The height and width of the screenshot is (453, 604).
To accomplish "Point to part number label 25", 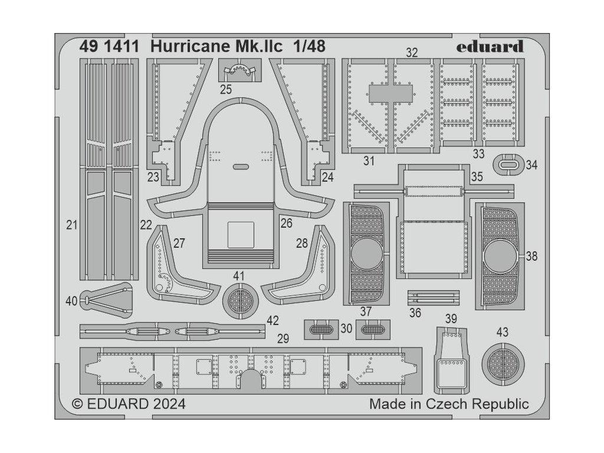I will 226,90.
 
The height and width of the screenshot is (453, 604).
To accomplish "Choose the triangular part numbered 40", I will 106,300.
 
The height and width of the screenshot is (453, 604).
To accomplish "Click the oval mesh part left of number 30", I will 321,329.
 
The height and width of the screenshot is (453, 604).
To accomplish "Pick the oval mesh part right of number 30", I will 372,329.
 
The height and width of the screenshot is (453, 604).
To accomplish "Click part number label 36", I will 415,313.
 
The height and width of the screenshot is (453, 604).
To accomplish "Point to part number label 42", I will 272,321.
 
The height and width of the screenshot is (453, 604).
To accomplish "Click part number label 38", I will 531,257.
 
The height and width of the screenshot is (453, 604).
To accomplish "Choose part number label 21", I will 72,225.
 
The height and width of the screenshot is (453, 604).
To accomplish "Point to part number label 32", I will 412,52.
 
